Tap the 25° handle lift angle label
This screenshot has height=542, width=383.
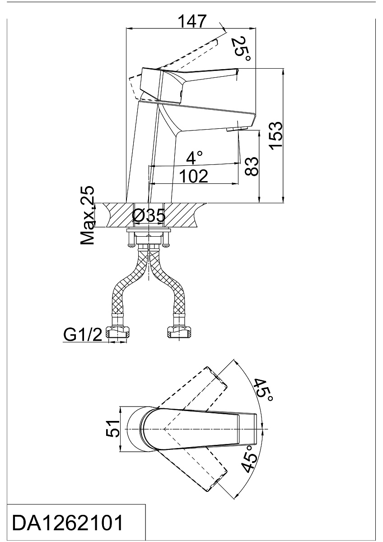241,49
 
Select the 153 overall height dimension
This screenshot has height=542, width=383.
276,136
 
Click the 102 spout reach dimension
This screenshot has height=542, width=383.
194,176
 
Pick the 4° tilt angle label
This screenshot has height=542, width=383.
194,157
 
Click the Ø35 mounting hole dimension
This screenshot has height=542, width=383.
149,215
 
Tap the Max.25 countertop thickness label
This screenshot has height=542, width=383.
87,215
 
